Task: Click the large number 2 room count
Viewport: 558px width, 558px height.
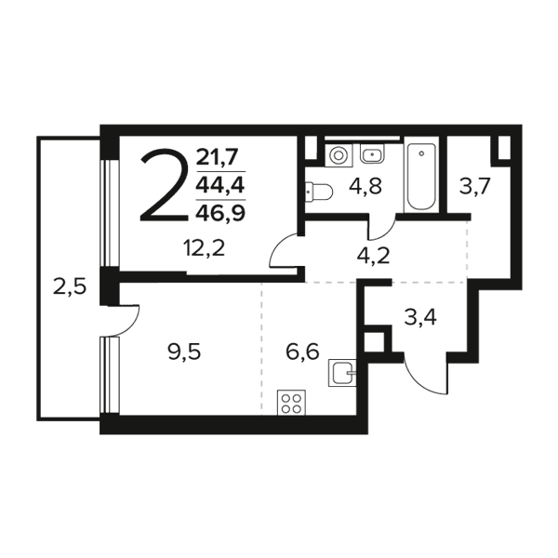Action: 165,185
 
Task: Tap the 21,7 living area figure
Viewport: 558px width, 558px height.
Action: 217,157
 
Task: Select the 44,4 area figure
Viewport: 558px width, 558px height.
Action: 221,185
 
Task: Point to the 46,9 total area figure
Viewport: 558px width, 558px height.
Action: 220,213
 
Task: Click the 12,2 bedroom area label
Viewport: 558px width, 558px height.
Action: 204,248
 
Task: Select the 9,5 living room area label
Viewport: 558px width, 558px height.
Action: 184,352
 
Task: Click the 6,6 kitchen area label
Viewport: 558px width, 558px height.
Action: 302,352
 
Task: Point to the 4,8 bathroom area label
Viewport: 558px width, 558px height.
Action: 365,186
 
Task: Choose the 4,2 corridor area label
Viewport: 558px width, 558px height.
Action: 373,256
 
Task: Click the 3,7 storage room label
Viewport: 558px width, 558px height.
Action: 475,187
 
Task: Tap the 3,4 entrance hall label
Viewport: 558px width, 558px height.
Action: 420,317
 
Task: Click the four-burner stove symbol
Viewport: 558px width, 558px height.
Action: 291,403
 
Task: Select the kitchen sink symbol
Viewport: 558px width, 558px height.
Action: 342,373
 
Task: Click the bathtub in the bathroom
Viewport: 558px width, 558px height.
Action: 421,177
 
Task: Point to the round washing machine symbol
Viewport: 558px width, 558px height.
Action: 339,155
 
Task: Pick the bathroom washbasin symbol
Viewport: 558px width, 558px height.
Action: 372,153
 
